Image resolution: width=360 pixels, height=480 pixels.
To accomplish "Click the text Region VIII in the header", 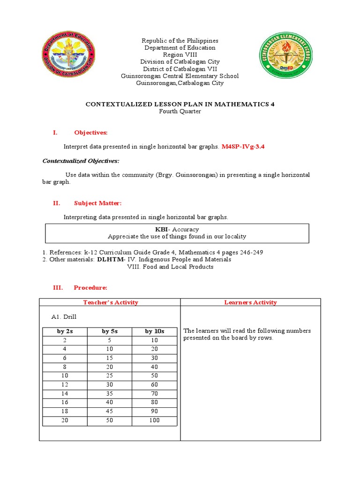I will pos(180,55).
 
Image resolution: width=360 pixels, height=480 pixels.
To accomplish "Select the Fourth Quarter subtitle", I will pos(180,112).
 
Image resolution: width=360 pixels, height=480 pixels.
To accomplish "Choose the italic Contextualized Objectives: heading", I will pos(81,161).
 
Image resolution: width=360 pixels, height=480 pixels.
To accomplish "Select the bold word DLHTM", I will pos(111,259).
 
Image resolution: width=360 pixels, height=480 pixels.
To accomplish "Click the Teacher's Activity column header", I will pos(110,302).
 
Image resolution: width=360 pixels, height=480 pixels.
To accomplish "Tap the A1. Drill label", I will pos(64,317).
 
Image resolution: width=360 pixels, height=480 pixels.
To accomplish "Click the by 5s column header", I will pos(110,331).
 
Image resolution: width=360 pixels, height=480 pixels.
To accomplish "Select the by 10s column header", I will pos(155,331).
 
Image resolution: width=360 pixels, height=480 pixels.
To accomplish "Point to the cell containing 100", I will pos(155,420).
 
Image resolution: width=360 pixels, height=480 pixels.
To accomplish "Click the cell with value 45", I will pos(110,412).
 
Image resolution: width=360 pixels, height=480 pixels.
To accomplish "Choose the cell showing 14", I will pos(65,394).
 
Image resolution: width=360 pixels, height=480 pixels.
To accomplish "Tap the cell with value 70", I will pos(155,394).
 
